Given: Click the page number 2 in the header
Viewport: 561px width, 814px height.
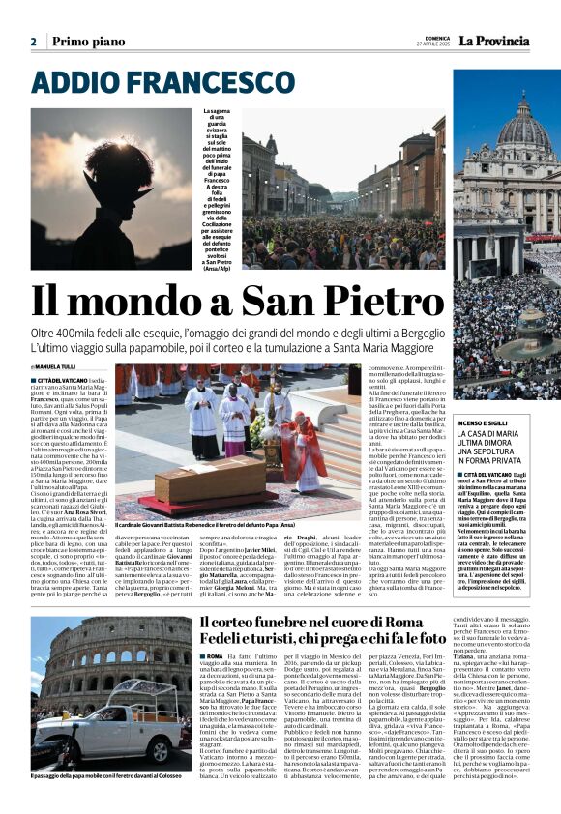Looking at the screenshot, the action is pos(33,42).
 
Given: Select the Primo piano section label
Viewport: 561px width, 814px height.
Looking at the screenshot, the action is pos(90,42).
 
